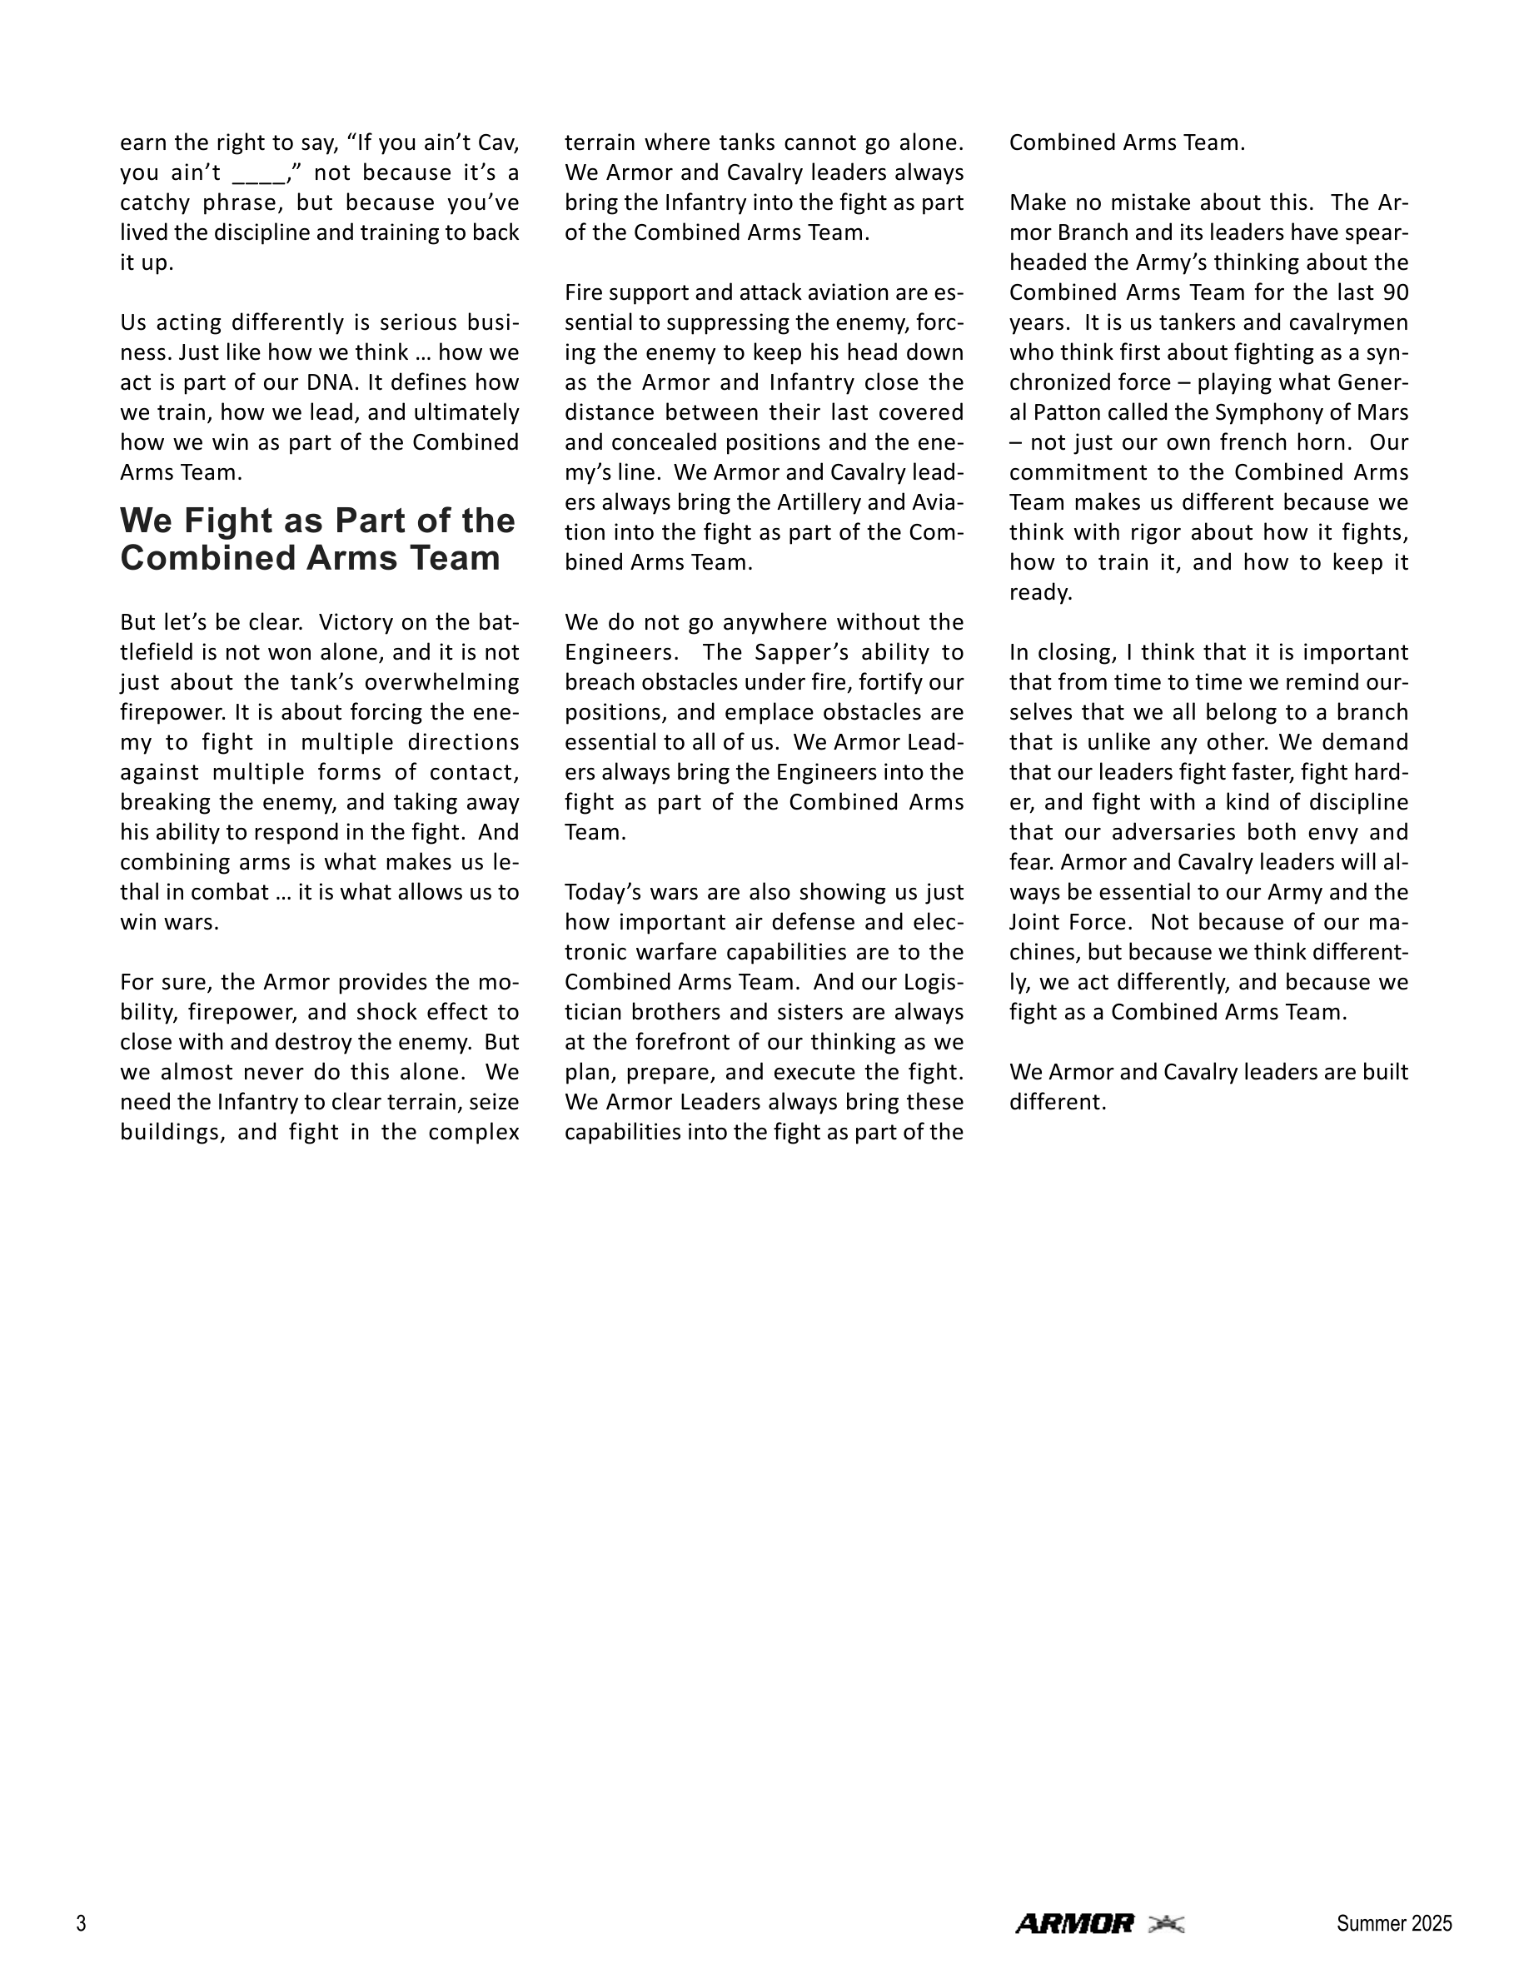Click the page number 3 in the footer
point(82,1923)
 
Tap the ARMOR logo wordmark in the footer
point(1074,1923)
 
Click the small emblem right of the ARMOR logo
point(1166,1923)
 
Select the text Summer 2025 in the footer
point(1393,1923)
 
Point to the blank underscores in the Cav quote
point(259,173)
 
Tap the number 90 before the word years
point(1396,292)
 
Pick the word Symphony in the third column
point(1271,412)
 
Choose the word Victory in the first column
point(364,622)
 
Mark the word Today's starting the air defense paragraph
point(602,892)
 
